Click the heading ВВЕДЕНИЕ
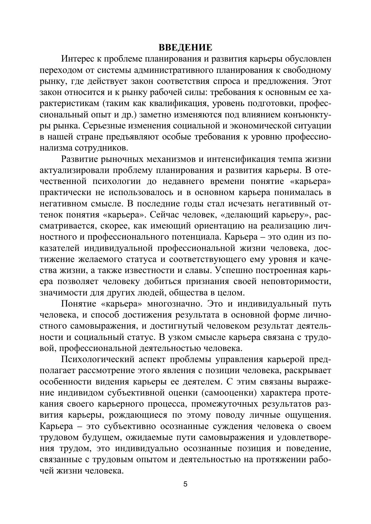(x=185, y=48)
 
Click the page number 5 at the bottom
(x=185, y=484)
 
